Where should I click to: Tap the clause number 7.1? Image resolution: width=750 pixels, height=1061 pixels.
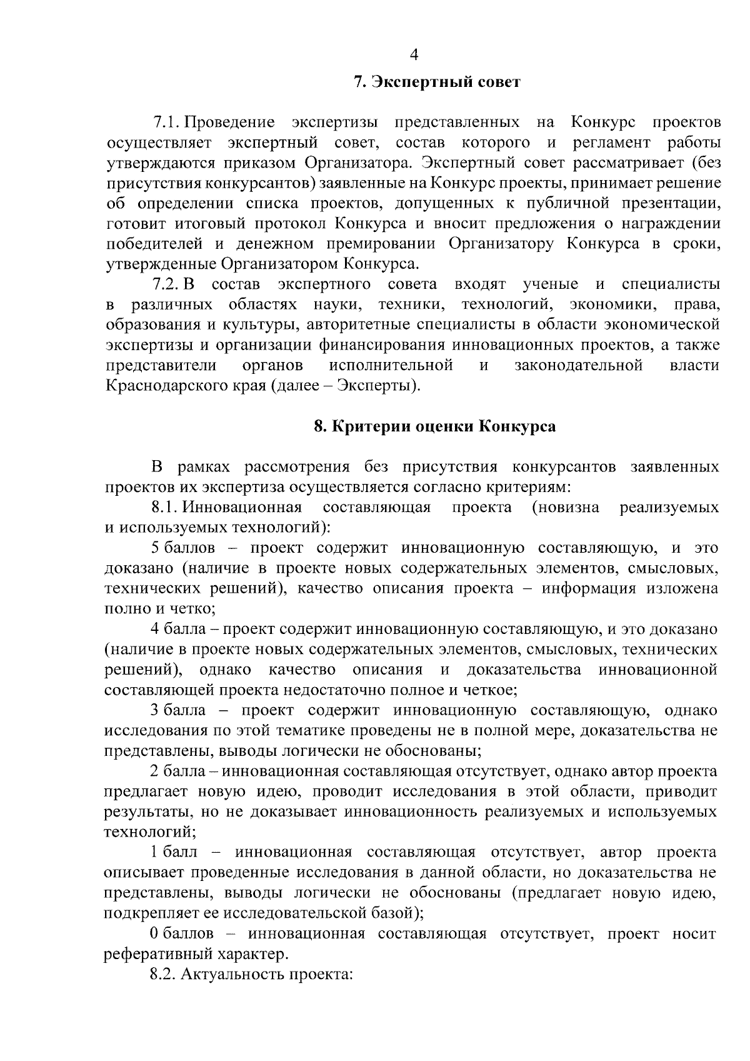pyautogui.click(x=167, y=122)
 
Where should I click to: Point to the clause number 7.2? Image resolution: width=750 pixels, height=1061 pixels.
pyautogui.click(x=167, y=284)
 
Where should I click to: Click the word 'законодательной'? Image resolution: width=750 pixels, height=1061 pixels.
pyautogui.click(x=578, y=365)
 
